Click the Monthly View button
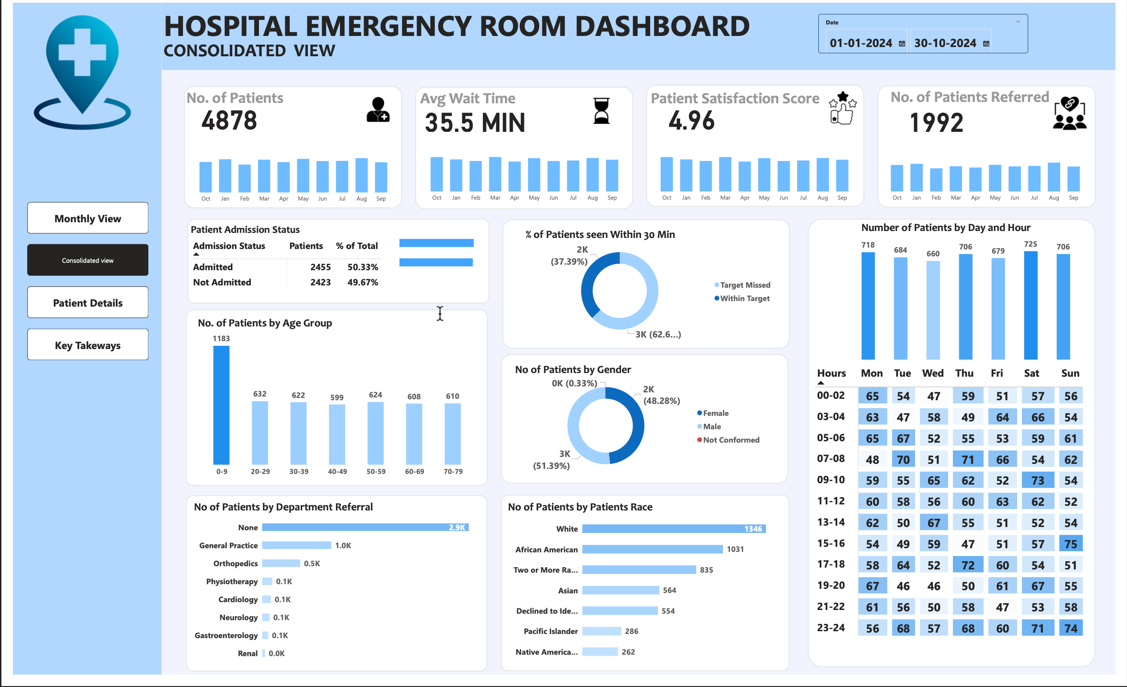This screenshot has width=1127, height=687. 88,218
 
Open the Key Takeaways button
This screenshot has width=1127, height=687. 88,345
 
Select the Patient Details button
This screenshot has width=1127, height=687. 88,302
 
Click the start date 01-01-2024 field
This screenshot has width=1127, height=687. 860,43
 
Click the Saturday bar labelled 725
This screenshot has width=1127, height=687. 1030,305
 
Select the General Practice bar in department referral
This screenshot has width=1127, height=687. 296,545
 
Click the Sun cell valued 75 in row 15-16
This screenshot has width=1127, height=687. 1070,544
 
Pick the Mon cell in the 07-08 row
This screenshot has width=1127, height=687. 872,459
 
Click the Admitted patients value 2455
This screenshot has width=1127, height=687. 320,267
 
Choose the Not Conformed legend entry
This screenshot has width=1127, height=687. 731,440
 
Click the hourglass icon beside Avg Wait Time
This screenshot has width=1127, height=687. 601,111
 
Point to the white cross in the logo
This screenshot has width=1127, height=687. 82,52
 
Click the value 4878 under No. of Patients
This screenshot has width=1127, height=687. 229,121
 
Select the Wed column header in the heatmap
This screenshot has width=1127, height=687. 933,373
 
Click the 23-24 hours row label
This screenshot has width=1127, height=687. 831,628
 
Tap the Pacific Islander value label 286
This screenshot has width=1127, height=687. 631,631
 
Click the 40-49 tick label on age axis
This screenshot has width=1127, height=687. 337,471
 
